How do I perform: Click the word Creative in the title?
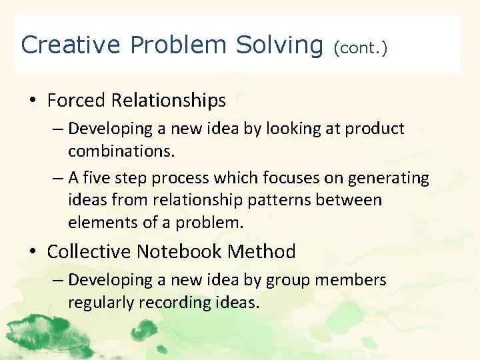coord(71,45)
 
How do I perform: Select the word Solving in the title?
coord(279,45)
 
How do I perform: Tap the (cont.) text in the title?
coord(361,47)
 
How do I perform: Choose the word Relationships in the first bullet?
coord(169,101)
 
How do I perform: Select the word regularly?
coord(99,303)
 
